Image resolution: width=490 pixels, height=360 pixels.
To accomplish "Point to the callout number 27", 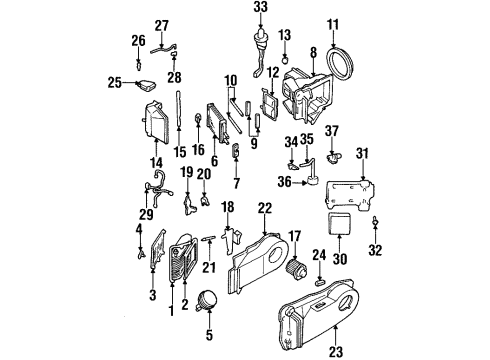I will (162, 25).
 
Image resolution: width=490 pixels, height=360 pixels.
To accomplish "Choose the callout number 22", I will (264, 207).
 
